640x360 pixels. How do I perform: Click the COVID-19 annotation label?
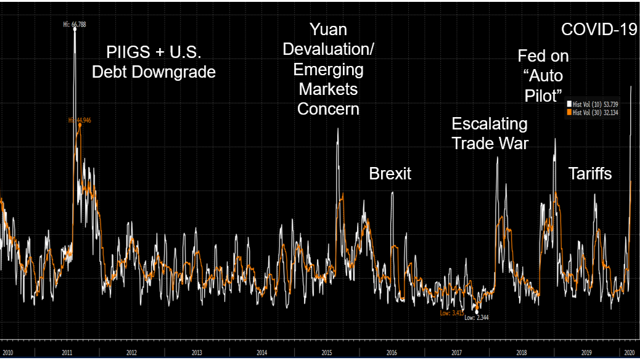tap(599, 29)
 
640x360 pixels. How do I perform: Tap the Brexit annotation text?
tap(390, 173)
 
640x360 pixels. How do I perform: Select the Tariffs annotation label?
tap(590, 173)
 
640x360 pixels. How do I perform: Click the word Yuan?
tap(328, 29)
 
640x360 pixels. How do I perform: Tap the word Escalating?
tap(490, 124)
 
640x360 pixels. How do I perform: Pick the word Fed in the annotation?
tap(532, 56)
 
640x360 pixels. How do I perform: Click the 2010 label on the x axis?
tap(7, 353)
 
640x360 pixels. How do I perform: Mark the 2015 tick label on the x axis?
tap(327, 353)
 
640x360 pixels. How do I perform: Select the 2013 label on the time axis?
tap(196, 353)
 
